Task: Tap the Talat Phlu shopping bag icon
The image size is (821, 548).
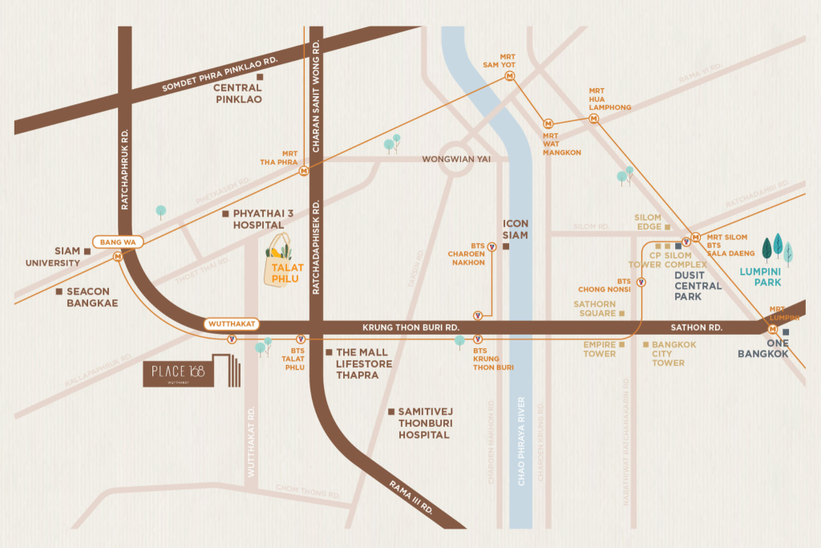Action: coord(282,260)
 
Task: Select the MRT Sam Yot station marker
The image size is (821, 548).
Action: coord(510,76)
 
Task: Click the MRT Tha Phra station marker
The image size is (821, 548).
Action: coord(304,170)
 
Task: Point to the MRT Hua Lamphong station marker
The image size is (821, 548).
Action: coord(594,118)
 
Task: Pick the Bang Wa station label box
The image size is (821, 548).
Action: coord(118,242)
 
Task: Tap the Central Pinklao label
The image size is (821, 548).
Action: coord(238,93)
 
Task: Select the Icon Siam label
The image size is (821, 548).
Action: coord(515,230)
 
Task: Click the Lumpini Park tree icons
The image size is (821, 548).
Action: coord(777,249)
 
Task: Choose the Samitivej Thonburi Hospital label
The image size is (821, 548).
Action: coord(423,423)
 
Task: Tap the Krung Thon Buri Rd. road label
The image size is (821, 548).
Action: coord(410,327)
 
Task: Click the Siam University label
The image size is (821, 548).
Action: coord(56,257)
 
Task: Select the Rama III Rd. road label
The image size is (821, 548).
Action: coord(412,497)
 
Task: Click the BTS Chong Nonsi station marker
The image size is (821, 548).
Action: coord(641,282)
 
